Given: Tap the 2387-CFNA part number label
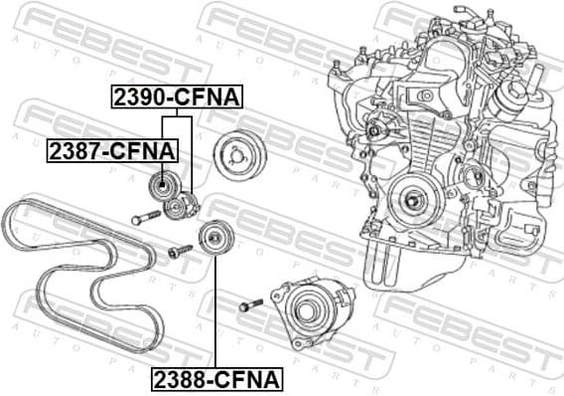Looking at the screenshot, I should coord(112,151).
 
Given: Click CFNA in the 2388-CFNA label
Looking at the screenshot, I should coord(249,378).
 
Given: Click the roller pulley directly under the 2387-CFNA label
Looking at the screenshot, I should coord(160,185).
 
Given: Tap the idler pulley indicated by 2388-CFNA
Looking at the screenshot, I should coord(211,239).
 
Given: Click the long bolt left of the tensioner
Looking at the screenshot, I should coord(145,218).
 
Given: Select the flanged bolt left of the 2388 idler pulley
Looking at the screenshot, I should coord(179,253).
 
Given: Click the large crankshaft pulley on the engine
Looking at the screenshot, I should coord(413,199).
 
